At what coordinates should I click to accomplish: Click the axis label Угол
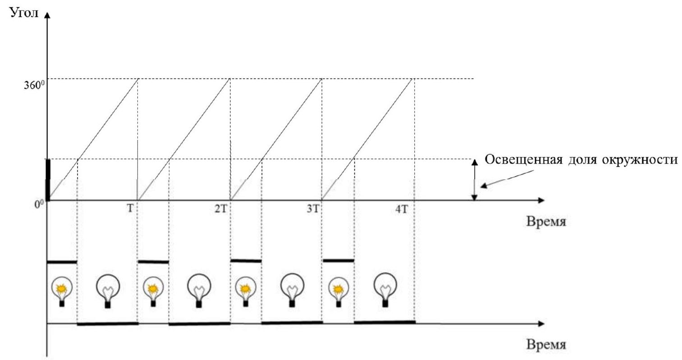pos(24,13)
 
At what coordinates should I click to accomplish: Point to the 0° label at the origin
pos(39,204)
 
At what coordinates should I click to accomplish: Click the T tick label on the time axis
pos(130,209)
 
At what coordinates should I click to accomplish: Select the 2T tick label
pos(221,209)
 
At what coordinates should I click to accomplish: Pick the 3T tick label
pos(313,209)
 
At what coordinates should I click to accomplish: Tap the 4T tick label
pos(401,209)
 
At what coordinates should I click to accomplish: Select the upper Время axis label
pos(546,221)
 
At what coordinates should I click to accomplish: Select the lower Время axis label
pos(546,345)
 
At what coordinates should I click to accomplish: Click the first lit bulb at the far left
pos(62,291)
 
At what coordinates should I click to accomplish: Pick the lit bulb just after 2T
pos(245,291)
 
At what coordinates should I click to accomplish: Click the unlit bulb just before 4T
pos(385,290)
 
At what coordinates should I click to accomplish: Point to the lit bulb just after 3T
pos(338,291)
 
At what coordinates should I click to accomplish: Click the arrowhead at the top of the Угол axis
pos(47,14)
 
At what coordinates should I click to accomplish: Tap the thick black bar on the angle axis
pos(48,180)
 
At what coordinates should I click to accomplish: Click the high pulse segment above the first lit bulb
pos(62,262)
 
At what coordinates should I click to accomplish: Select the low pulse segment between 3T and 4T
pos(385,322)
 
